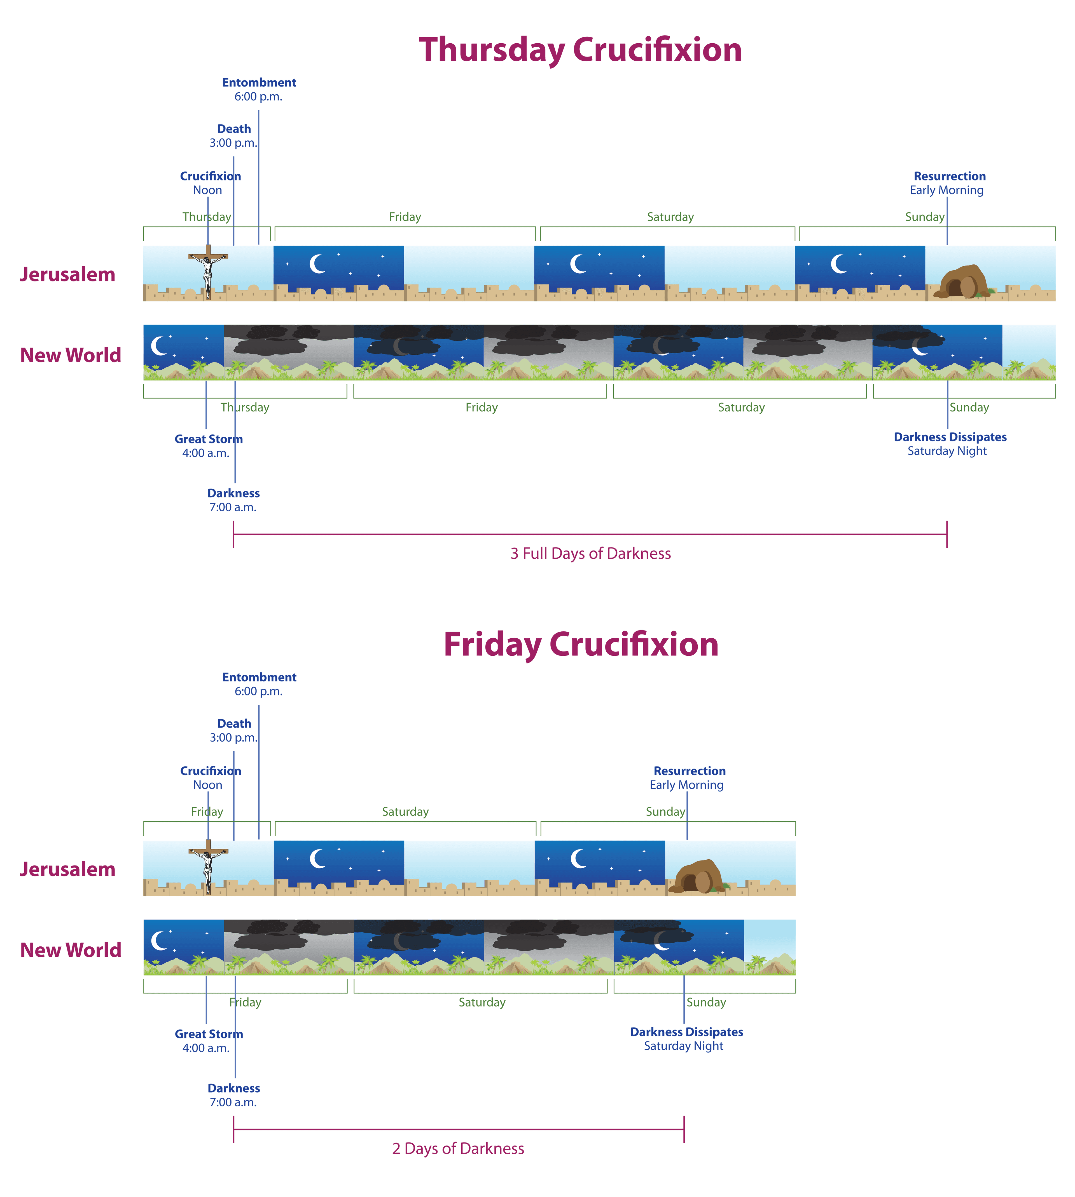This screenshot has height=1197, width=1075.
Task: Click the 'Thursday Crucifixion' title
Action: pos(580,50)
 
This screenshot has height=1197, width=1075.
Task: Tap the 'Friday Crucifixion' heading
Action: pos(581,645)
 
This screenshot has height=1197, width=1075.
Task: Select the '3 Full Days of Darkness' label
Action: pos(590,554)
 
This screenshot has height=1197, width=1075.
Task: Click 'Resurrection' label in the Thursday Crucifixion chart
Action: pos(949,177)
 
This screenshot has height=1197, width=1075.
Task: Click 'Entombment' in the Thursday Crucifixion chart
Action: pos(259,83)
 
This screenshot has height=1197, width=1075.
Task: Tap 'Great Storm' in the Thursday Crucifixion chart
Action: pos(209,439)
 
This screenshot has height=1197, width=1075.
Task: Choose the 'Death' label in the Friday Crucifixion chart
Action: pos(234,724)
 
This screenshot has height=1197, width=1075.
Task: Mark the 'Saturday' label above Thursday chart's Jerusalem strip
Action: pos(670,217)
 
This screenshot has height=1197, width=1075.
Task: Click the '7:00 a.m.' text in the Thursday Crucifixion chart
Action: pos(233,508)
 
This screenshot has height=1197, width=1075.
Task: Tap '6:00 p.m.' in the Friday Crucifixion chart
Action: pos(258,691)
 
